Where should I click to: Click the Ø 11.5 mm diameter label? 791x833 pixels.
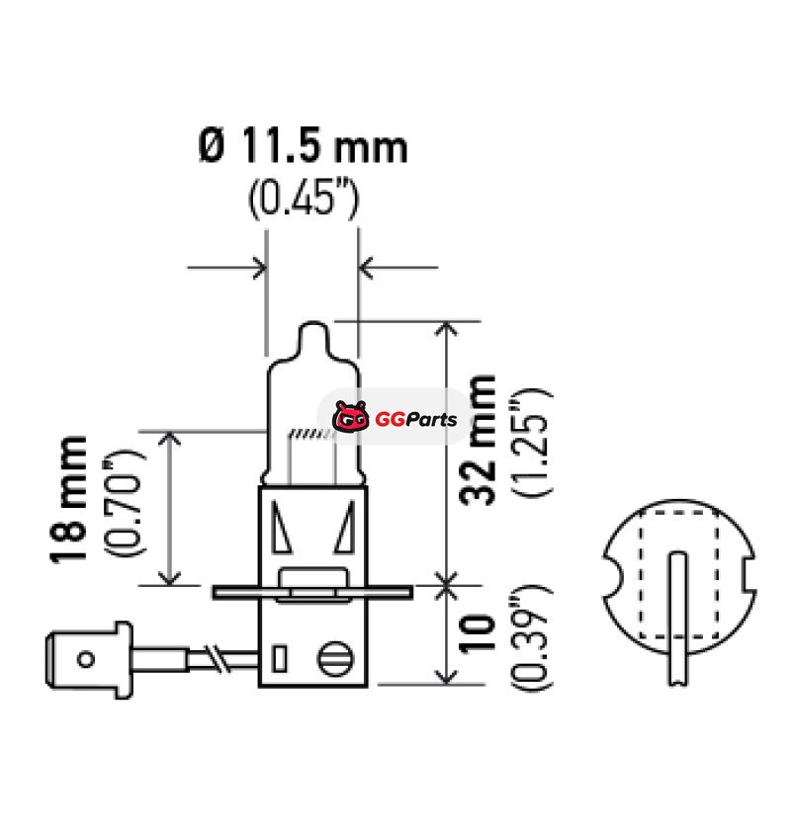303,145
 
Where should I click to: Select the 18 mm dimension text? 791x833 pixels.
67,499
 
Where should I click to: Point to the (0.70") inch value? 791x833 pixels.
124,503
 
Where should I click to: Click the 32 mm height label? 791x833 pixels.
478,440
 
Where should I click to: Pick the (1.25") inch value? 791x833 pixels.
532,442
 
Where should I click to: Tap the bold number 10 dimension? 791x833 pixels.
477,633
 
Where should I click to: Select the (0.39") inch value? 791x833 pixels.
531,637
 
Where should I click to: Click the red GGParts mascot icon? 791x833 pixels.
351,417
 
